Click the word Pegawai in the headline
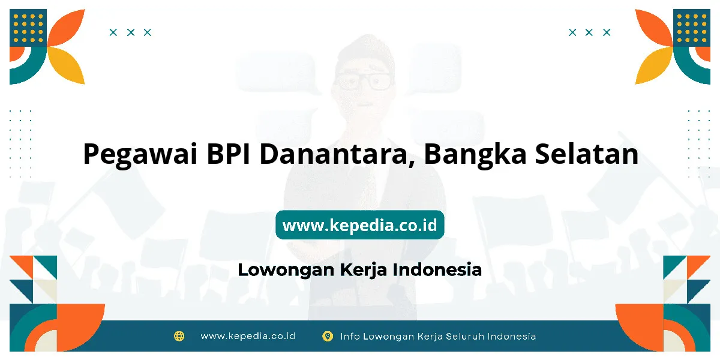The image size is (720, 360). click(x=140, y=155)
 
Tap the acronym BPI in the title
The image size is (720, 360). click(x=228, y=154)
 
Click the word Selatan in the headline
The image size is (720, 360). click(x=587, y=154)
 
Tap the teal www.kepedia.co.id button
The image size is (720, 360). click(x=359, y=224)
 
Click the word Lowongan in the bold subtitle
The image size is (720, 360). click(x=286, y=270)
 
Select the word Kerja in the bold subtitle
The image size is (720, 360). click(x=363, y=270)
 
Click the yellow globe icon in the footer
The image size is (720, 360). click(x=179, y=336)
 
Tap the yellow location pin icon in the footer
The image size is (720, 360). click(x=328, y=336)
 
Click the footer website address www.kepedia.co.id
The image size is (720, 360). click(x=248, y=336)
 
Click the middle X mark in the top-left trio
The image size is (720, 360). click(x=131, y=32)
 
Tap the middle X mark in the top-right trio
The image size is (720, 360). click(x=589, y=32)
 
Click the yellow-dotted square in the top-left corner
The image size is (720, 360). click(x=28, y=28)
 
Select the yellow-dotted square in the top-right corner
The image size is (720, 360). click(x=692, y=28)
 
